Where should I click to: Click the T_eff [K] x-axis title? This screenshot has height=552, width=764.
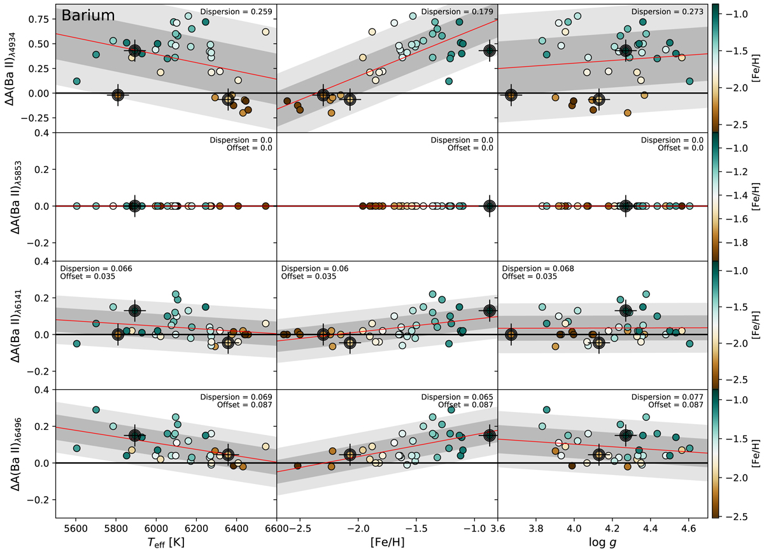[x=166, y=542]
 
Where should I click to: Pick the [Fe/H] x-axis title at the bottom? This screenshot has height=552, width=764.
[x=386, y=542]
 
